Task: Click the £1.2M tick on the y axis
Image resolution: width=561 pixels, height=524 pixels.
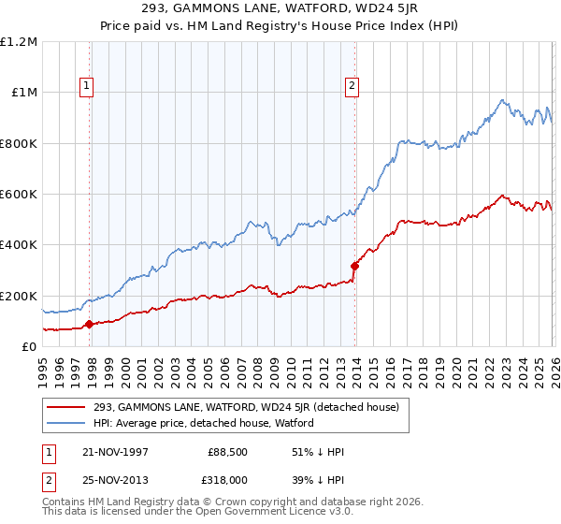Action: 20,42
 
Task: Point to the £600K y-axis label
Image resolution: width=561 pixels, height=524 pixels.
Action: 20,195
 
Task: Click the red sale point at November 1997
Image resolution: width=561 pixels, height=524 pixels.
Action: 90,325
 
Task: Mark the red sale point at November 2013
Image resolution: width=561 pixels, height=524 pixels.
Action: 354,266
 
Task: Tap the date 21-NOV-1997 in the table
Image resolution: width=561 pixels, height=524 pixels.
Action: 117,452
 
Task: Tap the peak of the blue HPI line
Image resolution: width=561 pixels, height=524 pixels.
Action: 502,99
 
